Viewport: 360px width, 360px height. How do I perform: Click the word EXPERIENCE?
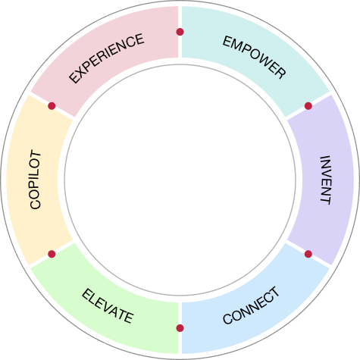[x=106, y=58]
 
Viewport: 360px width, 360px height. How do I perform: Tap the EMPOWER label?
[x=254, y=57]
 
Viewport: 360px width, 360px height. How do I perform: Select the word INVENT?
[x=325, y=180]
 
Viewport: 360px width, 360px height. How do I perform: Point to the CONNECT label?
[x=251, y=305]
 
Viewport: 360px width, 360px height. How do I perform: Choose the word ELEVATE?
[x=108, y=306]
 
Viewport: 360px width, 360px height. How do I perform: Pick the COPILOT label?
[x=35, y=180]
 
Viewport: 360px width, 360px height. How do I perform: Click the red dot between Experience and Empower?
[x=180, y=32]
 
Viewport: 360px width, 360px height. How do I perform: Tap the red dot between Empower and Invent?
[x=308, y=106]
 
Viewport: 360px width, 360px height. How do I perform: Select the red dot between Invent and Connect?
[x=308, y=254]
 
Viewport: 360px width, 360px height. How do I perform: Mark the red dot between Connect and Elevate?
[x=180, y=328]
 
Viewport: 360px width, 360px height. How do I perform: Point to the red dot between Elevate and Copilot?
[x=52, y=254]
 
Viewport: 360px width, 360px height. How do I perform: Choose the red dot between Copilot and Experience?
[x=52, y=106]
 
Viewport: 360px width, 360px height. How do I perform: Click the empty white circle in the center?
[x=180, y=180]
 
